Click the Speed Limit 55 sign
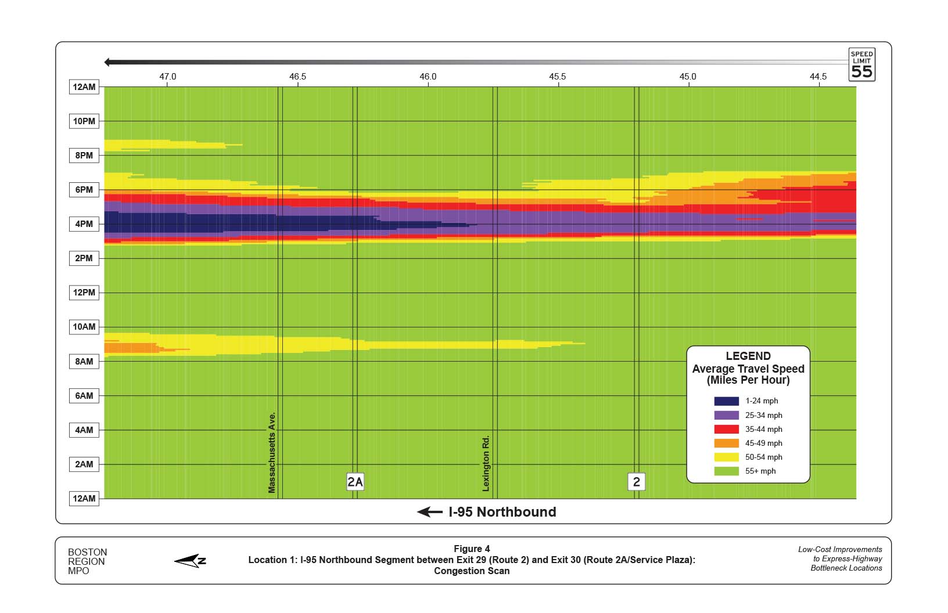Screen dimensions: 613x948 pyautogui.click(x=861, y=64)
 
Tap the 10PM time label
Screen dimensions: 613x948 pyautogui.click(x=84, y=121)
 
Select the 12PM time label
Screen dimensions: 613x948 pyautogui.click(x=84, y=293)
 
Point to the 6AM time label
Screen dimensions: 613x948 pyautogui.click(x=84, y=396)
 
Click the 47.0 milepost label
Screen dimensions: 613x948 pyautogui.click(x=168, y=77)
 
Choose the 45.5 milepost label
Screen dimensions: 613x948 pyautogui.click(x=558, y=77)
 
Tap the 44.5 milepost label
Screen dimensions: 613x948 pyautogui.click(x=818, y=77)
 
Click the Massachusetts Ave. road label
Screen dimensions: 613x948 pyautogui.click(x=272, y=453)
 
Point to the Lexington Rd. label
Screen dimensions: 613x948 pyautogui.click(x=486, y=463)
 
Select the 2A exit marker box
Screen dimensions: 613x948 pyautogui.click(x=355, y=482)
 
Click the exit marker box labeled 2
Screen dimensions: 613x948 pyautogui.click(x=637, y=482)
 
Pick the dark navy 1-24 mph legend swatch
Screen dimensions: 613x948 pyautogui.click(x=726, y=401)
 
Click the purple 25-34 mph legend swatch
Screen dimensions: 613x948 pyautogui.click(x=726, y=415)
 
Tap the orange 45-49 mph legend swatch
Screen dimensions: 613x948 pyautogui.click(x=726, y=443)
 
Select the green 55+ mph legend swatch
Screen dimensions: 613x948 pyautogui.click(x=726, y=471)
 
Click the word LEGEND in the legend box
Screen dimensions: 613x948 pyautogui.click(x=748, y=356)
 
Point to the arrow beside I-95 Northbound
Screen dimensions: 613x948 pyautogui.click(x=430, y=512)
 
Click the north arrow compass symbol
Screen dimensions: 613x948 pyautogui.click(x=191, y=561)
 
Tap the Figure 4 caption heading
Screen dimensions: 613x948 pyautogui.click(x=472, y=549)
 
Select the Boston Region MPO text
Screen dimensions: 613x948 pyautogui.click(x=87, y=561)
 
